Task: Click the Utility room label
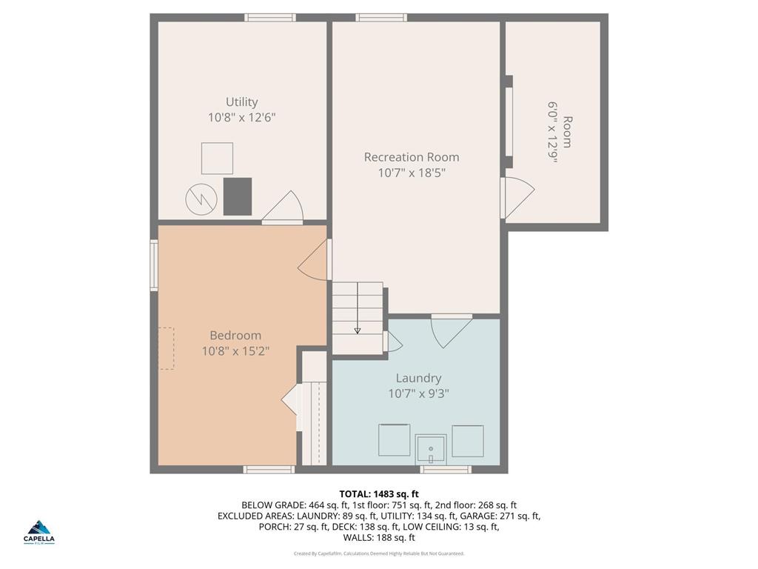click(242, 102)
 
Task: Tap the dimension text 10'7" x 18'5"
click(412, 173)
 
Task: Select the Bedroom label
click(235, 336)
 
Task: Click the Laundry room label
click(418, 378)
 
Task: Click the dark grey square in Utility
click(238, 196)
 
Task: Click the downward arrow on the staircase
click(357, 330)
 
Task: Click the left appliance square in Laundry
click(394, 440)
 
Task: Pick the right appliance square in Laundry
click(468, 440)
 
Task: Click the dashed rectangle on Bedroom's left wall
click(166, 348)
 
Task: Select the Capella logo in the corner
click(40, 531)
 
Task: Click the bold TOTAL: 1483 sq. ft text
click(379, 494)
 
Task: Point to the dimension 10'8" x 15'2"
click(235, 351)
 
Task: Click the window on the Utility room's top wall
click(270, 18)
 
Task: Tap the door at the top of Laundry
click(451, 330)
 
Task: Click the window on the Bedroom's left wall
click(154, 264)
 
